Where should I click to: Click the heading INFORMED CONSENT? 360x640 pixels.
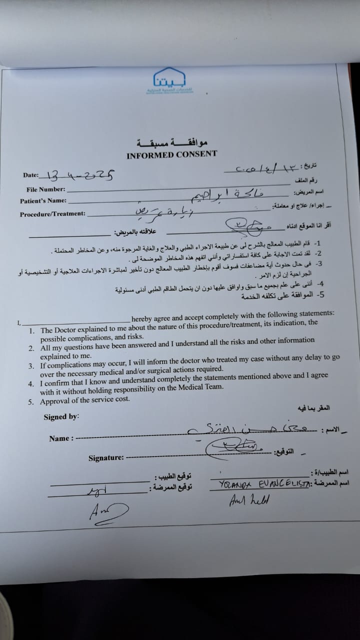(x=171, y=154)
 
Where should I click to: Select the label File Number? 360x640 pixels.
(x=46, y=189)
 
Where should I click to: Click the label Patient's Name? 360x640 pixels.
(x=43, y=201)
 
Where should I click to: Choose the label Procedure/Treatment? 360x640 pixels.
(x=52, y=214)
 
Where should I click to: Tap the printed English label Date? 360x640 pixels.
(x=31, y=175)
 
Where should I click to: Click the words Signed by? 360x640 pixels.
(x=61, y=416)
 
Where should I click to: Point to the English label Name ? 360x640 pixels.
(x=61, y=438)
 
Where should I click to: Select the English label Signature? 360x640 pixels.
(x=106, y=457)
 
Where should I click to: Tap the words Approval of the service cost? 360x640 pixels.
(x=85, y=399)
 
